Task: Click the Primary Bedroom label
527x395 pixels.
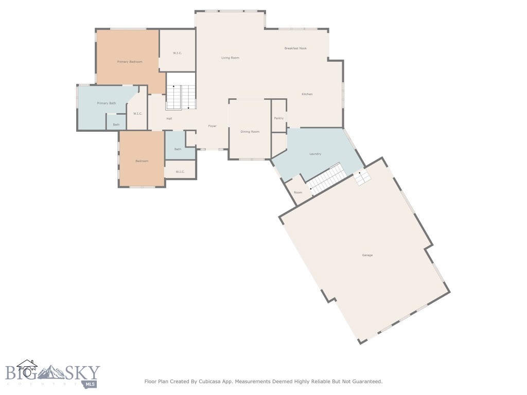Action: click(x=130, y=62)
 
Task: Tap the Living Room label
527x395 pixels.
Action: click(x=230, y=58)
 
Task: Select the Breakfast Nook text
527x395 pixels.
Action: click(x=295, y=48)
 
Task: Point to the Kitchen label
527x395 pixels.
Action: click(x=307, y=94)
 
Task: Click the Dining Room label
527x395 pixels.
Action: click(x=250, y=132)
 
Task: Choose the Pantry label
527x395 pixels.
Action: click(x=278, y=118)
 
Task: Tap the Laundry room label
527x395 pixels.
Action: click(x=315, y=154)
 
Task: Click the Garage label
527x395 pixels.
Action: click(x=367, y=255)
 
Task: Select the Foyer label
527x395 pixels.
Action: click(x=212, y=126)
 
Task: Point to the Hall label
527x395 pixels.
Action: click(x=169, y=119)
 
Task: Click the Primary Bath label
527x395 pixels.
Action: click(x=107, y=103)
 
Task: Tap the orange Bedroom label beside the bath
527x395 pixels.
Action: click(x=142, y=161)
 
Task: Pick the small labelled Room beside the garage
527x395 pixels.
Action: click(x=298, y=192)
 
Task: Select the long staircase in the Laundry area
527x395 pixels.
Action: click(x=325, y=179)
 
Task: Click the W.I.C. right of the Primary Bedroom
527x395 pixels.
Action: click(x=178, y=53)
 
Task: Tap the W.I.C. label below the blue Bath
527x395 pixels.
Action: click(x=180, y=172)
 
